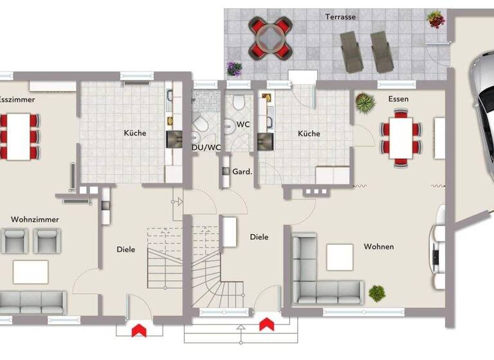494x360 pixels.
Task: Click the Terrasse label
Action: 340,16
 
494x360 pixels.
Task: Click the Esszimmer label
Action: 17,100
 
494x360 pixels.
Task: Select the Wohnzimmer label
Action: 35,219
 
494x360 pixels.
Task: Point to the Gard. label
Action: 242,172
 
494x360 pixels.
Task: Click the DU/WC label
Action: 206,147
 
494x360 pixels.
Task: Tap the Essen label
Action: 398,99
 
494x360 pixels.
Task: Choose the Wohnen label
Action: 378,246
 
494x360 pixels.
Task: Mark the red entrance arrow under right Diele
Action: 267,324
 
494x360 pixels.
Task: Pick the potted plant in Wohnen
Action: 377,293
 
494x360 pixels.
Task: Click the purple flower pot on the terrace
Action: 233,67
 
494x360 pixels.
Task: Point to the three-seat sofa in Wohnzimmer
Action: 32,301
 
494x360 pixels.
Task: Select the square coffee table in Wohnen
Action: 340,257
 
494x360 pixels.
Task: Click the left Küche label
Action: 135,133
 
